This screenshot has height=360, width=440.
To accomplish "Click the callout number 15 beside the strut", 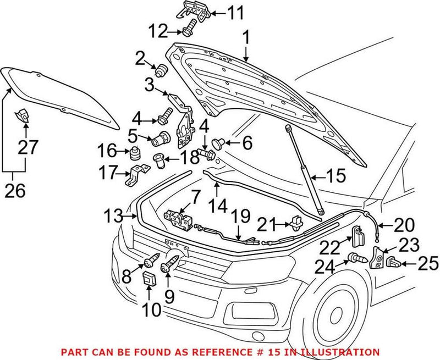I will coord(335,176).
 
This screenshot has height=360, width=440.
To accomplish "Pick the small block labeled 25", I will coord(393,262).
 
